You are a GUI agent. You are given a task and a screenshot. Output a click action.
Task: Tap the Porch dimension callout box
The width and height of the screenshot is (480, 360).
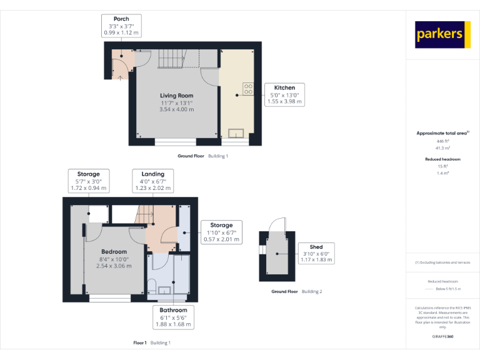point(121,26)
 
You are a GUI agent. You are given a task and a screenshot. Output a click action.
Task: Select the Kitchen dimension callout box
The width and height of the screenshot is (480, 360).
point(284,94)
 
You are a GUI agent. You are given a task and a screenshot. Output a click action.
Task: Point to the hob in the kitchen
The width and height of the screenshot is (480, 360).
point(247,89)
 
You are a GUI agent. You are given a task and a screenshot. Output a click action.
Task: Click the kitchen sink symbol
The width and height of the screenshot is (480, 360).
point(237,132)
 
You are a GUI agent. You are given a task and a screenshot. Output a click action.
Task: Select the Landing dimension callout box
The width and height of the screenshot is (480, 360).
point(152,181)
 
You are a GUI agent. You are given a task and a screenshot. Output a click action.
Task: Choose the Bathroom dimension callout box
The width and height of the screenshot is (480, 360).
point(173,317)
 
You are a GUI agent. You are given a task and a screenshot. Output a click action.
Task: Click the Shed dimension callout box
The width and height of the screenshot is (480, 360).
point(316,253)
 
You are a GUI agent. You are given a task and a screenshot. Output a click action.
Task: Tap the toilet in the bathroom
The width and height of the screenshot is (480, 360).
point(152,286)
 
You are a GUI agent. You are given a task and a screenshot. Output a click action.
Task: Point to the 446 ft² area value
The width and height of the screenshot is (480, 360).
point(443,142)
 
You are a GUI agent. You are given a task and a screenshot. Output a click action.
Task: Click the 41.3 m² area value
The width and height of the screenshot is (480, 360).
point(443,148)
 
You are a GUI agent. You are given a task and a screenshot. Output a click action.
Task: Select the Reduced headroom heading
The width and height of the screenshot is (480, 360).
point(443,159)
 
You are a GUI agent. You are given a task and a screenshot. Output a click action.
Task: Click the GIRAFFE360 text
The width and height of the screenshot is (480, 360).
point(443,337)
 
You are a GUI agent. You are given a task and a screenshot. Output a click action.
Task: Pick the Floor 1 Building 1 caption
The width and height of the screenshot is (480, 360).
point(152,342)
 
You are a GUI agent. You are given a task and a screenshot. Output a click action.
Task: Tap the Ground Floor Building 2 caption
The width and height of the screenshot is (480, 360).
point(296,292)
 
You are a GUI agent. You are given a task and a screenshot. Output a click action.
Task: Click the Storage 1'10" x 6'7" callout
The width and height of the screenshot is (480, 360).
point(221,232)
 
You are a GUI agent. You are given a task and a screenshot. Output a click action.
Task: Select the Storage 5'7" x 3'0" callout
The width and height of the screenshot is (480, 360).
point(88,181)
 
